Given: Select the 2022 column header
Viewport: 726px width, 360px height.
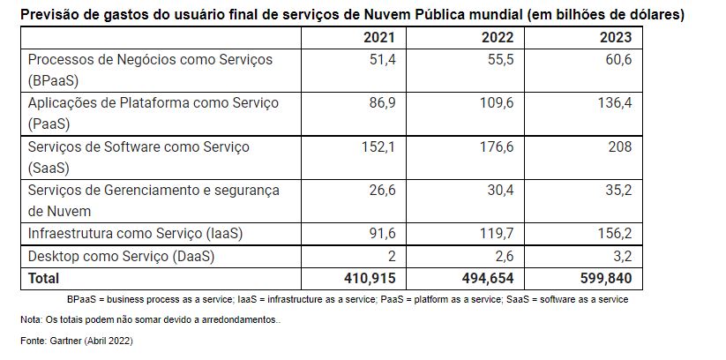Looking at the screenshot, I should (x=497, y=38).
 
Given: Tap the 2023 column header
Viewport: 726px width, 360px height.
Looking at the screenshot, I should (x=614, y=38).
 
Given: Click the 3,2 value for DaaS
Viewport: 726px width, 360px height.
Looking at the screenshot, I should (x=623, y=257).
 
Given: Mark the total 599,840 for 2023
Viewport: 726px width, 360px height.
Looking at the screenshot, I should (x=608, y=280).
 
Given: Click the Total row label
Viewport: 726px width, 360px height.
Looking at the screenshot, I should (x=45, y=280).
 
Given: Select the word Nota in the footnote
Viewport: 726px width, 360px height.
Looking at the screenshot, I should (x=32, y=319).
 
